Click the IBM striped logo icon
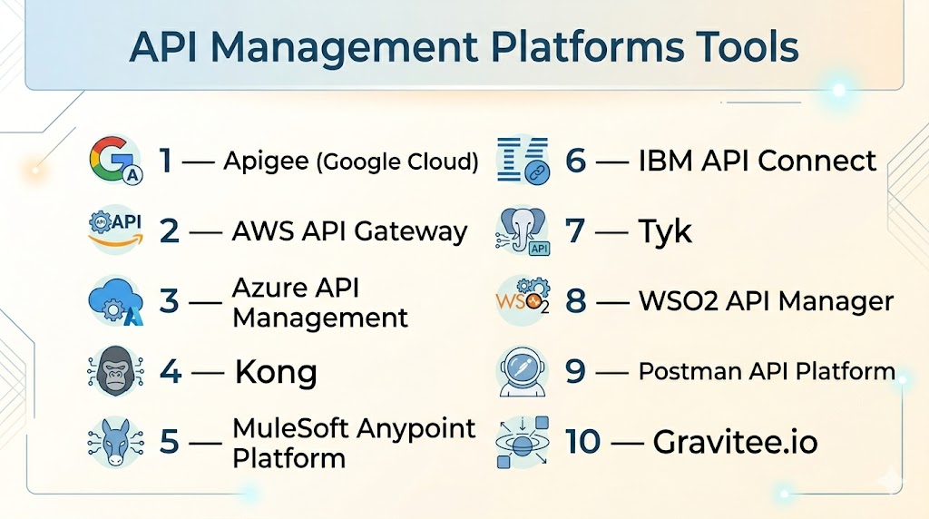[523, 161]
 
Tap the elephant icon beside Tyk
[523, 230]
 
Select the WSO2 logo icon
[523, 301]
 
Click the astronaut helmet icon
[523, 372]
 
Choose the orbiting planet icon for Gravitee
[523, 442]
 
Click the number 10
[583, 443]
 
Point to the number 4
[170, 372]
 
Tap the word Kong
[276, 372]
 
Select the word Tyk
[666, 231]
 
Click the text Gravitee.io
[735, 443]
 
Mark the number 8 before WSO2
[576, 301]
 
